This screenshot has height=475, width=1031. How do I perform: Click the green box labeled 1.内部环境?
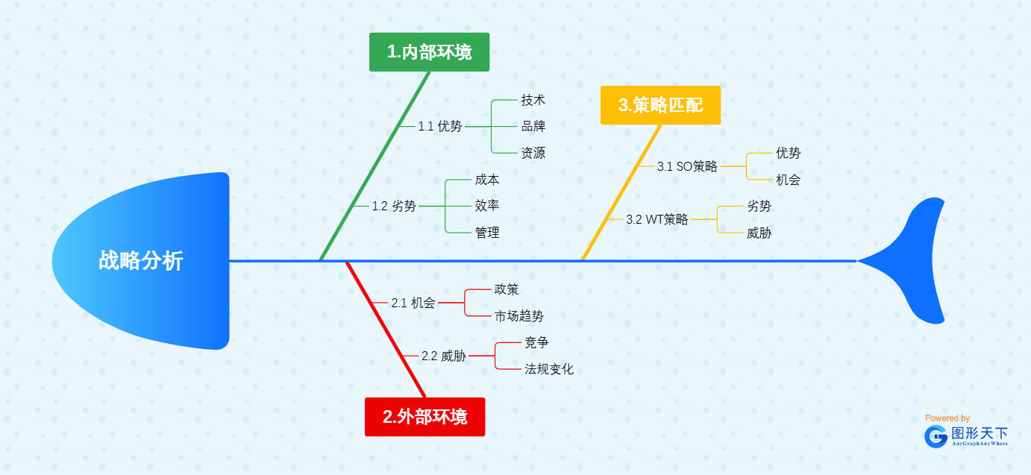click(429, 52)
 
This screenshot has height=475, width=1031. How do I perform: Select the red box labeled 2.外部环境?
click(424, 417)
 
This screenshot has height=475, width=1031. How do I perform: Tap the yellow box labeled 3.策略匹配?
click(660, 105)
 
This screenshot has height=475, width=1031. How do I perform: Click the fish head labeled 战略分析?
click(141, 261)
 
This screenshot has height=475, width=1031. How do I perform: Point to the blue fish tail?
click(914, 261)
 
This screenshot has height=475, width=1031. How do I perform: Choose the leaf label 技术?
click(533, 100)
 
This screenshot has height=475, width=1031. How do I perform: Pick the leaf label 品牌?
click(533, 126)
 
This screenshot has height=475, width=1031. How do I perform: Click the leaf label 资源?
click(533, 153)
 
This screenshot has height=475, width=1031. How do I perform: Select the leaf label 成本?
click(486, 180)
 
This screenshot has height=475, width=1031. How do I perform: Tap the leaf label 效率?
click(486, 206)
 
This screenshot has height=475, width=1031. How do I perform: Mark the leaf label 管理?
click(486, 233)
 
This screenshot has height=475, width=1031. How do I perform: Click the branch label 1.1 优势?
click(439, 126)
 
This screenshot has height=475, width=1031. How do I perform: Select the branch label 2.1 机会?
click(413, 303)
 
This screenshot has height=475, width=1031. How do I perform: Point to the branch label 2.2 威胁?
click(443, 356)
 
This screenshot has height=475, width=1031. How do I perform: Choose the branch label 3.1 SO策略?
click(686, 166)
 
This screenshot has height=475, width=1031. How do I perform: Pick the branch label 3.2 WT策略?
click(656, 219)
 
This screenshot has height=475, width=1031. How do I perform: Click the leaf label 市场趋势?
click(519, 316)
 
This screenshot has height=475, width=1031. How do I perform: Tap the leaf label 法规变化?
click(549, 369)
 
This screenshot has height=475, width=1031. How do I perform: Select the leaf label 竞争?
click(536, 342)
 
